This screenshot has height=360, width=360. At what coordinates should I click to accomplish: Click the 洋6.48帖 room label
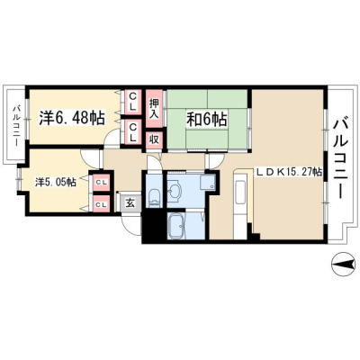coord(72,118)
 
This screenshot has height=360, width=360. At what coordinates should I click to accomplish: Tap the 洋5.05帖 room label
coord(56,182)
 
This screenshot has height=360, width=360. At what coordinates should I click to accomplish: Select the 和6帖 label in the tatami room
coord(207,120)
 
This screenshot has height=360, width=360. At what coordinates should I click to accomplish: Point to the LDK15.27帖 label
coord(289,172)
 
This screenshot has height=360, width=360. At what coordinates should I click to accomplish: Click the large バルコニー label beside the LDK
coord(341,158)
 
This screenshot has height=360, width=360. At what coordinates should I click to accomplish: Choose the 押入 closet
coord(154,109)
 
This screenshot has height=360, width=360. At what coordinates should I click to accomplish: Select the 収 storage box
coord(154,140)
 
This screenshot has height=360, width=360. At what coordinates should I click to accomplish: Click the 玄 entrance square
coord(130,203)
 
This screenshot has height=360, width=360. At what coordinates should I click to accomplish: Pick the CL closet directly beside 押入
coord(132,102)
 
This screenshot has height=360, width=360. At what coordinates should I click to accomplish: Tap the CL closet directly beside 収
coord(132,131)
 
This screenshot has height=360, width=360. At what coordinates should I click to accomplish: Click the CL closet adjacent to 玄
coord(102,204)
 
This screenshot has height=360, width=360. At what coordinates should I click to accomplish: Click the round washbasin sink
coord(174,190)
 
